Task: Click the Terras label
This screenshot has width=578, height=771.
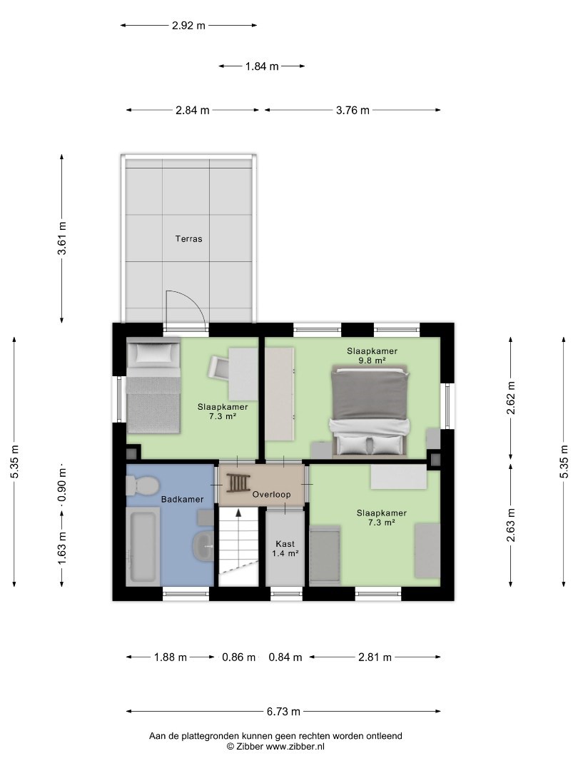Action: pyautogui.click(x=188, y=239)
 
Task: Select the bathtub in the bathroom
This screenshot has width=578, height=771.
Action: pyautogui.click(x=143, y=546)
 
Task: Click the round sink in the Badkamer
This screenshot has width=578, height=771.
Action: pyautogui.click(x=203, y=546)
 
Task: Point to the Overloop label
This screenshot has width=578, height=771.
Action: pyautogui.click(x=271, y=495)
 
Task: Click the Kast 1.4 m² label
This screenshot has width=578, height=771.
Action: pyautogui.click(x=285, y=549)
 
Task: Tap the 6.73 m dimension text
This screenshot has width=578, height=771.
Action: pyautogui.click(x=283, y=712)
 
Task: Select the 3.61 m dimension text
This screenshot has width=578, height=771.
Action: pyautogui.click(x=62, y=238)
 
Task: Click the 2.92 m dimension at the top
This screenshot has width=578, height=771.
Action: pyautogui.click(x=188, y=26)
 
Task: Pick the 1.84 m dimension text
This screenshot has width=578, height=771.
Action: pyautogui.click(x=262, y=66)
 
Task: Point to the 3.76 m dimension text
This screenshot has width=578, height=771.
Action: pyautogui.click(x=353, y=110)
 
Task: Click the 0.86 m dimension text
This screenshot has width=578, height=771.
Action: pyautogui.click(x=239, y=657)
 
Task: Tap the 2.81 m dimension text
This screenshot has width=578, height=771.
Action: pyautogui.click(x=375, y=657)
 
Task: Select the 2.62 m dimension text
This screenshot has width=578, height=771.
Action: pyautogui.click(x=511, y=398)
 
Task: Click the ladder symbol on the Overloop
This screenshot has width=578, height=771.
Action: pyautogui.click(x=238, y=483)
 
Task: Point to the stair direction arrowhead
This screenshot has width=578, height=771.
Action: pyautogui.click(x=238, y=513)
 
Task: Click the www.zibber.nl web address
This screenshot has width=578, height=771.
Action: pyautogui.click(x=295, y=747)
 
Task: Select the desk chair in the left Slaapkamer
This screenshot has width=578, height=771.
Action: pyautogui.click(x=219, y=368)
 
